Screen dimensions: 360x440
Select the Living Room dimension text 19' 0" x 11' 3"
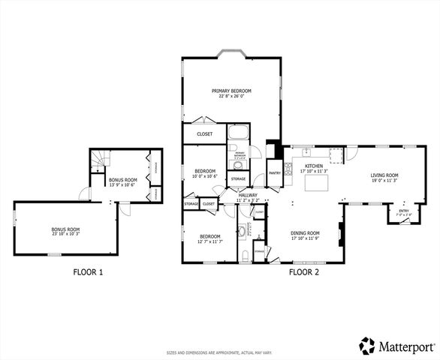[x=383, y=181]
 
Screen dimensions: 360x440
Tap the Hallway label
[x=247, y=196]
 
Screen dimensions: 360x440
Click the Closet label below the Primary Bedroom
[x=204, y=134]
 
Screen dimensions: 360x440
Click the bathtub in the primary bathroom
[x=238, y=138]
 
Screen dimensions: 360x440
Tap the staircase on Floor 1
[x=99, y=160]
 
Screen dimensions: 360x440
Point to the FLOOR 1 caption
[x=88, y=272]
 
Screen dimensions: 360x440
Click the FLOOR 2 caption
[x=304, y=272]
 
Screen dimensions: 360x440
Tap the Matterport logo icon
[x=366, y=346]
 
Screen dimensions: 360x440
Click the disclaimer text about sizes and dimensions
[x=219, y=350]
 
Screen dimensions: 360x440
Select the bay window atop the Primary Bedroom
[x=231, y=53]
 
